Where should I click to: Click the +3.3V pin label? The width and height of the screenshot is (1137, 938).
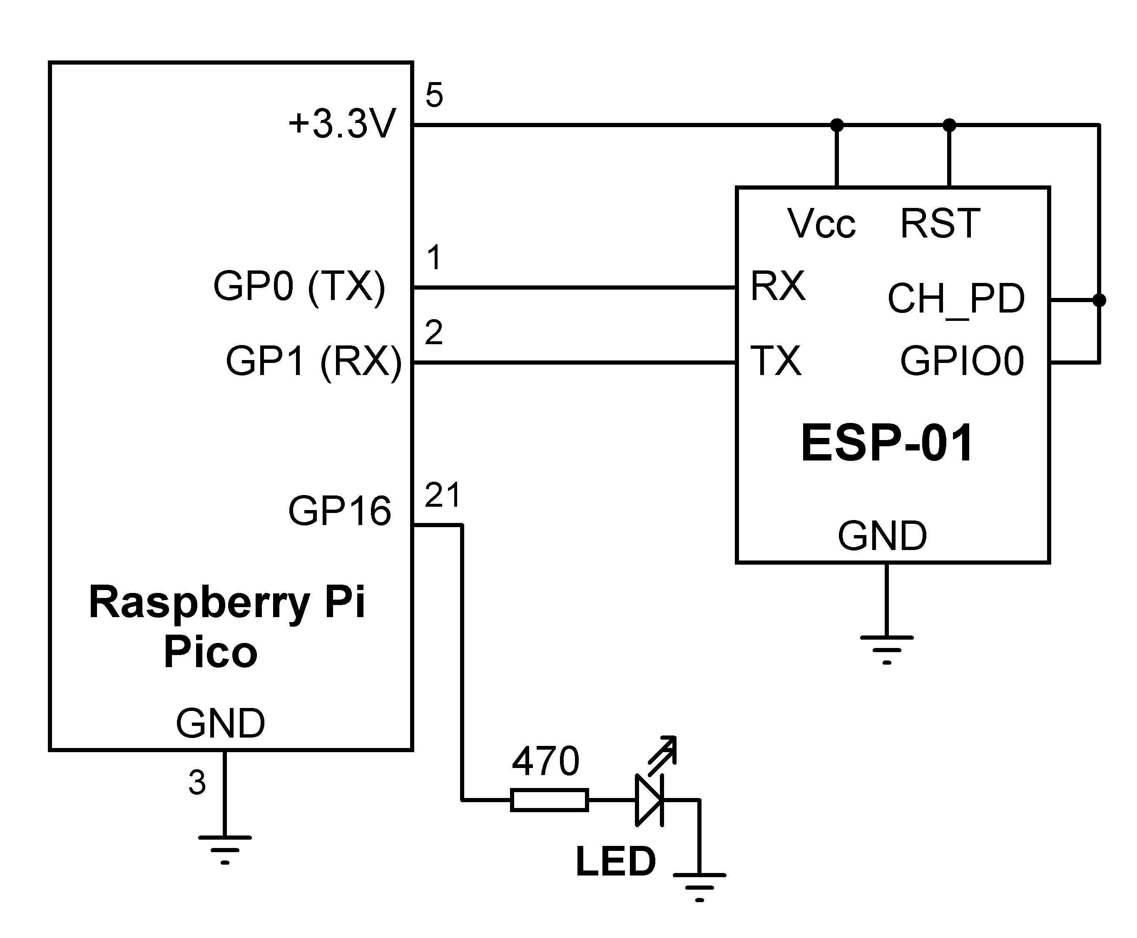pos(342,124)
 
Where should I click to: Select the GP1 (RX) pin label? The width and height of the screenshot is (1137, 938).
pos(313,361)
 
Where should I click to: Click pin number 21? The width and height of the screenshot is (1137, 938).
pos(442,495)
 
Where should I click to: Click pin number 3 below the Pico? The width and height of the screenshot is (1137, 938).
pos(197,783)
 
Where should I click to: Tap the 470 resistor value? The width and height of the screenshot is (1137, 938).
pos(545,761)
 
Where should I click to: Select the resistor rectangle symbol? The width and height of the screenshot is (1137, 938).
pos(549,800)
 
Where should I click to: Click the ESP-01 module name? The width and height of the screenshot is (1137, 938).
pos(887,443)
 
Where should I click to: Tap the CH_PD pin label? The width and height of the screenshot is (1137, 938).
pos(955,298)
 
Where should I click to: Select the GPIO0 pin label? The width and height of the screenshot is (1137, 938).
pos(962,361)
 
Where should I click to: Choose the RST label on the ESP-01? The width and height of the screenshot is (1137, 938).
pos(940,223)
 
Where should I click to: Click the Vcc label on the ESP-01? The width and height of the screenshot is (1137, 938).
pos(821,224)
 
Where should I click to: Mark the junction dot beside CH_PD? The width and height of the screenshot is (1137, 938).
pos(1099,300)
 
